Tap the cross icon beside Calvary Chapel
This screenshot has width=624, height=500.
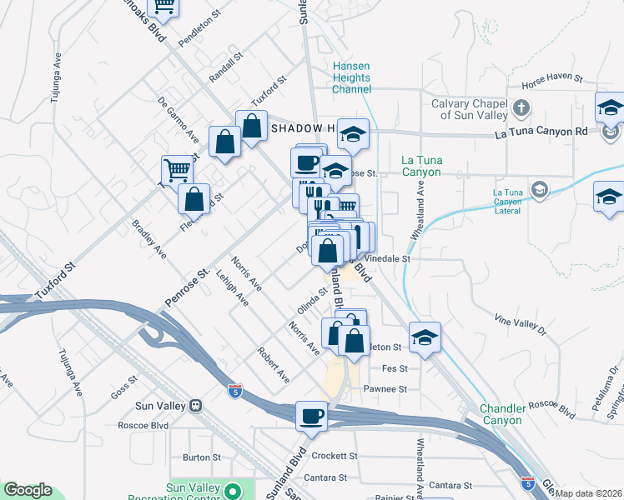pyautogui.click(x=521, y=107)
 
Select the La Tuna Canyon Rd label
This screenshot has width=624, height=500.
pyautogui.click(x=553, y=132)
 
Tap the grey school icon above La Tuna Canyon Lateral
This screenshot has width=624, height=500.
pyautogui.click(x=541, y=189)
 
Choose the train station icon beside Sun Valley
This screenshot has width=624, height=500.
pyautogui.click(x=196, y=406)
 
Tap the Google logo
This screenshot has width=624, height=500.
pyautogui.click(x=27, y=491)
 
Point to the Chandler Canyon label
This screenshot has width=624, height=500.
pyautogui.click(x=501, y=414)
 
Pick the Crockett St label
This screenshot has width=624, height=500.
pyautogui.click(x=334, y=457)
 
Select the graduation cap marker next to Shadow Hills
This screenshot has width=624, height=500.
pyautogui.click(x=353, y=133)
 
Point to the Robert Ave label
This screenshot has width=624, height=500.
pyautogui.click(x=274, y=365)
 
